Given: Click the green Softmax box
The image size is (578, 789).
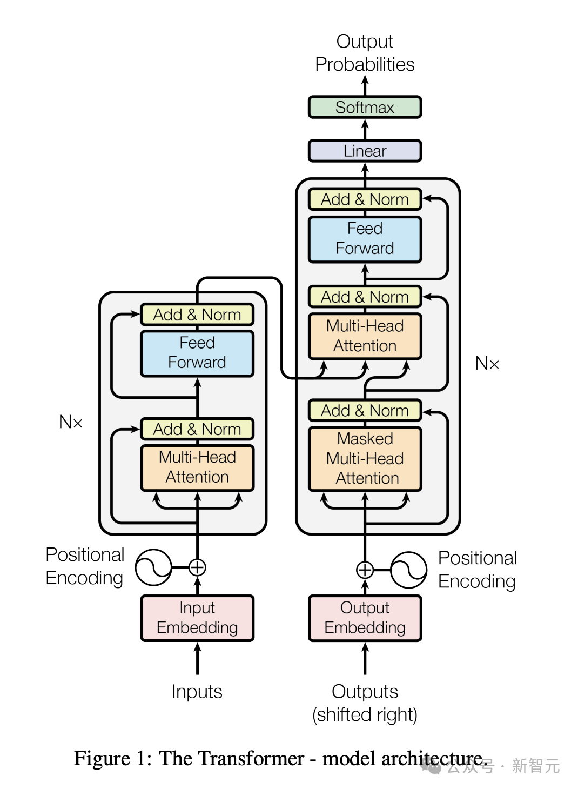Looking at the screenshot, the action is [x=365, y=107].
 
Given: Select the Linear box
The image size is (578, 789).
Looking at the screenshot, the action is [x=365, y=151].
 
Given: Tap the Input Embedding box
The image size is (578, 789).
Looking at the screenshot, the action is [x=197, y=618].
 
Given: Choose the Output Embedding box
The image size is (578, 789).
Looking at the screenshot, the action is [x=365, y=618].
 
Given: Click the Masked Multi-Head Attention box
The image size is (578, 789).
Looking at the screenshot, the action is [x=365, y=459].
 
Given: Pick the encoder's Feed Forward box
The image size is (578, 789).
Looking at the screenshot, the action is [x=197, y=353].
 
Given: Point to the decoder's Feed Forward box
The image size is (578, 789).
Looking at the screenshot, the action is [x=365, y=239].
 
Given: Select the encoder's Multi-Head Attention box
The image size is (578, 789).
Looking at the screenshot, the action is [x=197, y=468].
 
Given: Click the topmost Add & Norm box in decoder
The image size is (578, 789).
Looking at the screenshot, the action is [x=365, y=199].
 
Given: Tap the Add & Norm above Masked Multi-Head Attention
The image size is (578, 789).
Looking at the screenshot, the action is [x=365, y=410].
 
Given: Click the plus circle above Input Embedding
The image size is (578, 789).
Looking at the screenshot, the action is [x=197, y=567].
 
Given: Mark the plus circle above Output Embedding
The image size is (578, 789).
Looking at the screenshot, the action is [x=365, y=570].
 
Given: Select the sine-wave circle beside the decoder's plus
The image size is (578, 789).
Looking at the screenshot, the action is [x=409, y=570].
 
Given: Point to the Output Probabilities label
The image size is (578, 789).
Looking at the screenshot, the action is [x=365, y=53].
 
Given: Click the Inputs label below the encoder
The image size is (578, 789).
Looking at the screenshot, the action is [x=197, y=691].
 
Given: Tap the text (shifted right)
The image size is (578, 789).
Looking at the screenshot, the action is [x=365, y=714].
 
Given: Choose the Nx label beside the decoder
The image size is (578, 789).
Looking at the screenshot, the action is [x=487, y=363].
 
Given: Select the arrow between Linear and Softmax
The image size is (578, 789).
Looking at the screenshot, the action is [x=365, y=129].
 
